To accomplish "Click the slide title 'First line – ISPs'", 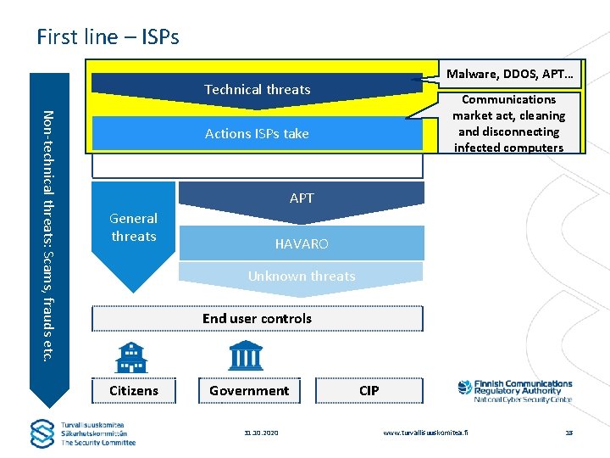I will coord(108,36).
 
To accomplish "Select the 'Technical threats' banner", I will coord(257,89).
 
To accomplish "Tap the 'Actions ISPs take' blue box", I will coord(257,133).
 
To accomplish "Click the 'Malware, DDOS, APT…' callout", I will coord(509,74).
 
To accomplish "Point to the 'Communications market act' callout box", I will coord(508,124).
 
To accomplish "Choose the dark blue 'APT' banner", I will coord(302,198).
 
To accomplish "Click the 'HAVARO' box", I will coord(302,243).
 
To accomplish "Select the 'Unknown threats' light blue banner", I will coord(302,276).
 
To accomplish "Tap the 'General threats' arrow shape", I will coord(134,227).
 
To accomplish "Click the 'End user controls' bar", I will coord(257,319).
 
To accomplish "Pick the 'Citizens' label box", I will coord(134,390).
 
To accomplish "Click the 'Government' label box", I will coord(249,390).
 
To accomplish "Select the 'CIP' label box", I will coord(369,390).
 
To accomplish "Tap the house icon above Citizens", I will coord(131,357).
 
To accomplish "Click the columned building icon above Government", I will coord(246,355).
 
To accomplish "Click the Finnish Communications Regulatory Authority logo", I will coord(514,391).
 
